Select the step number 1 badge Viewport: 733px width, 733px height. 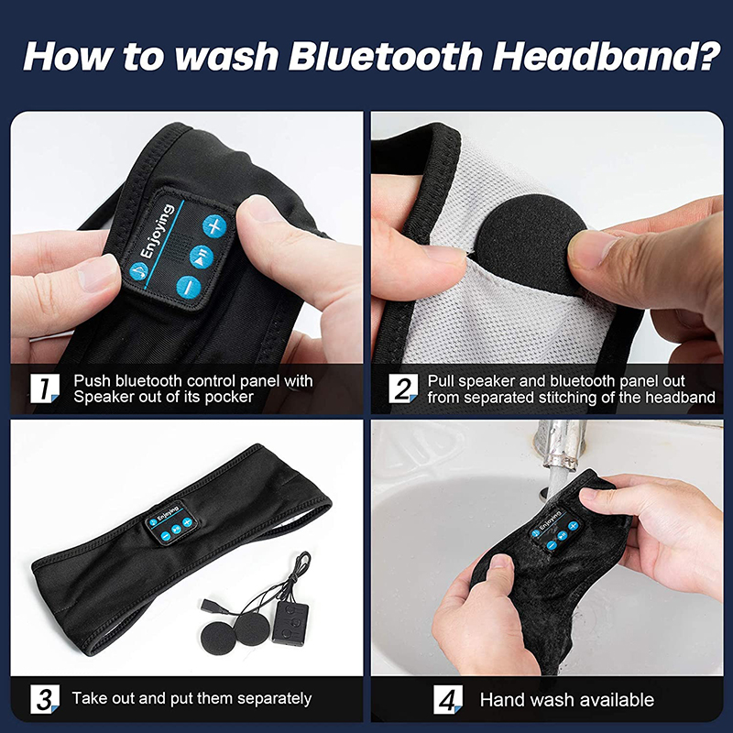42,388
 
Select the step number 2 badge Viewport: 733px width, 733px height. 401,388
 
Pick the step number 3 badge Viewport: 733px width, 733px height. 42,699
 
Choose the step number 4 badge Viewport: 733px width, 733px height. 446,699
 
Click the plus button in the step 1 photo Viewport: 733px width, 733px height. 214,224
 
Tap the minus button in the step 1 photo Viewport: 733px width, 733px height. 187,286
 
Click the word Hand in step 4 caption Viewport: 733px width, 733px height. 501,700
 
